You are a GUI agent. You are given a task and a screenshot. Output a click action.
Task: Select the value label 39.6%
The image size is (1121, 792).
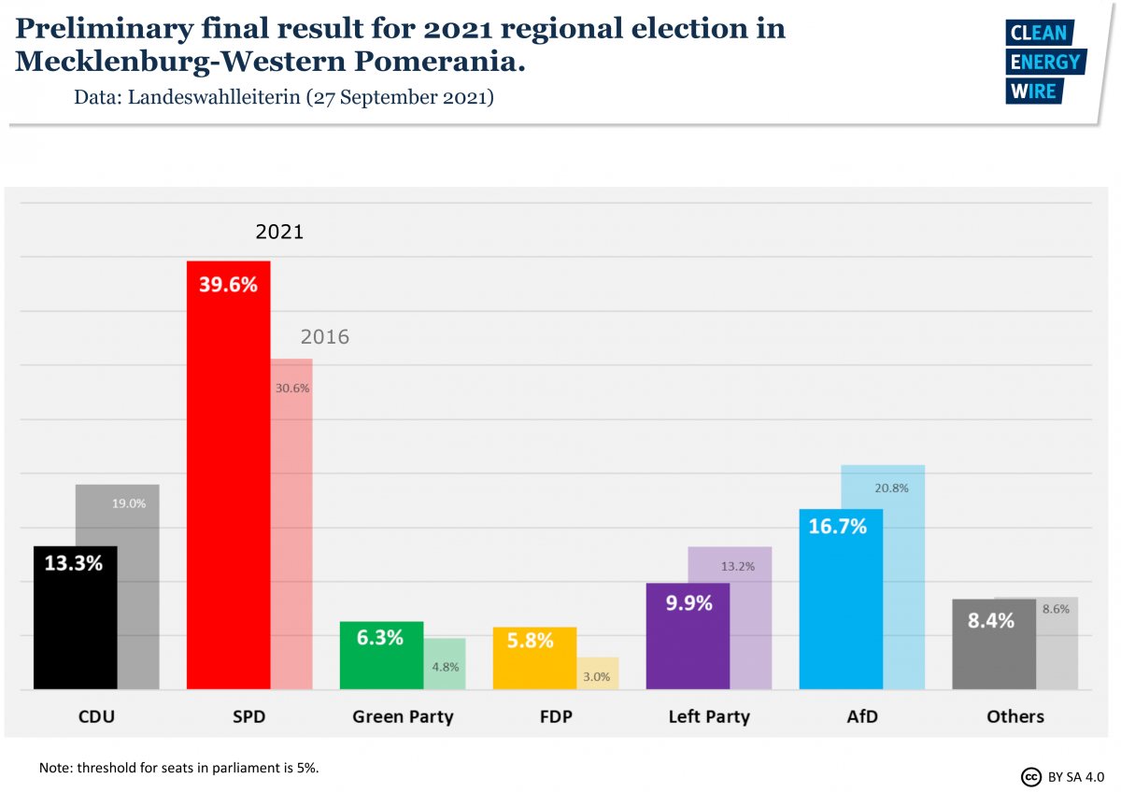point(228,285)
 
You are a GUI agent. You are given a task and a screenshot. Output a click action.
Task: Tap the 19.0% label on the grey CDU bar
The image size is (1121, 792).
point(129,503)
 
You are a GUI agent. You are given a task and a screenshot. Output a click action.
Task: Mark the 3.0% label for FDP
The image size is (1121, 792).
point(597,677)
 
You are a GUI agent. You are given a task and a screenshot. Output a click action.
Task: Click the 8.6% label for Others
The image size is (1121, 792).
point(1056,609)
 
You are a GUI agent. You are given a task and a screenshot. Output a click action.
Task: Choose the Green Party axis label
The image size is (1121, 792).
point(403,717)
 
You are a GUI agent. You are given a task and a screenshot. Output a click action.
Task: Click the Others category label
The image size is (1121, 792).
point(1015,717)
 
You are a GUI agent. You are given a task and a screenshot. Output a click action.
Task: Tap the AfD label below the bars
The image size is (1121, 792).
point(861,717)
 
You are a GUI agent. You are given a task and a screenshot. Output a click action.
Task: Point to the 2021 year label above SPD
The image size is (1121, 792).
point(279,232)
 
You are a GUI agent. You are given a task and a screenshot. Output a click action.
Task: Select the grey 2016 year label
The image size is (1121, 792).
point(324,337)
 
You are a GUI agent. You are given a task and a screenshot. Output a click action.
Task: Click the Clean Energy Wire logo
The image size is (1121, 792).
point(1044,62)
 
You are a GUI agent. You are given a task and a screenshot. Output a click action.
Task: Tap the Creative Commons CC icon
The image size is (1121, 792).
point(1031,777)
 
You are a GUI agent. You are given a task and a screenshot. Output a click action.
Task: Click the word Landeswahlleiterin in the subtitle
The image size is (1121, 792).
point(214,97)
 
